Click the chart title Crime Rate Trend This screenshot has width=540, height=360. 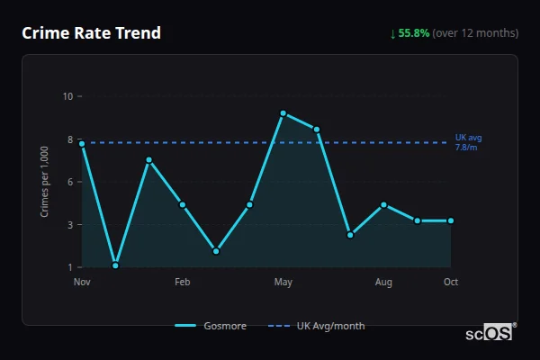point(91,33)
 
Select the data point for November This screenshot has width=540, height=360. point(82,144)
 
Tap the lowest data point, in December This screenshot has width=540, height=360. point(115,265)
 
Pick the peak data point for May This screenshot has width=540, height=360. point(283,113)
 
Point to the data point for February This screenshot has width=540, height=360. point(183,205)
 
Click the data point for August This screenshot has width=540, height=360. point(383,205)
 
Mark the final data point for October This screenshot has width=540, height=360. point(451,220)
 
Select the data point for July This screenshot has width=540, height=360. point(350,235)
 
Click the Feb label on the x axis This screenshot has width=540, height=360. point(183,283)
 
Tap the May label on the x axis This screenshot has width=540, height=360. point(283,283)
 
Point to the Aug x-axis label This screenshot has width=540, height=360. point(383,283)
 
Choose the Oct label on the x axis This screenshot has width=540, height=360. point(451,283)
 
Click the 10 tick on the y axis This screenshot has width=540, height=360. point(67,96)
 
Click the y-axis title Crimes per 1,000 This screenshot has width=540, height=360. point(45,182)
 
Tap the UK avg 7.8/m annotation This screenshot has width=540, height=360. point(468,142)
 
